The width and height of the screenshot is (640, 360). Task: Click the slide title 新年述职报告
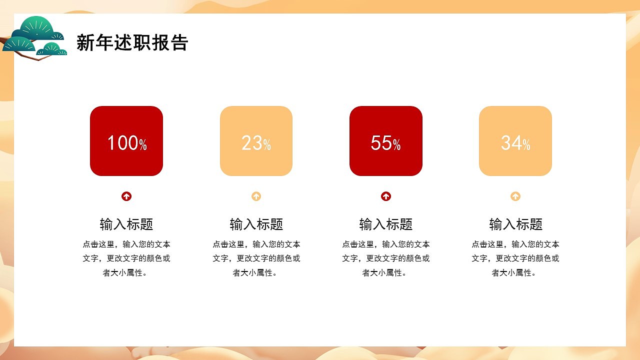click(132, 43)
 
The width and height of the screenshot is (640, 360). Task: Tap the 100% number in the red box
click(126, 143)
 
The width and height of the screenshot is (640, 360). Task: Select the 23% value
click(256, 143)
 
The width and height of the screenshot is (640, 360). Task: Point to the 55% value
click(385, 143)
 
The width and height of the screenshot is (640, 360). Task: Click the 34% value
click(515, 143)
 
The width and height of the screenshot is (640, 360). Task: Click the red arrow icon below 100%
click(126, 196)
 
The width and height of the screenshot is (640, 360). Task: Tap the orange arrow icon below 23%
click(256, 196)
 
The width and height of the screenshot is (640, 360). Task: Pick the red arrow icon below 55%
click(386, 196)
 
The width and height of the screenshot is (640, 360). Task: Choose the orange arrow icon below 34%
click(515, 196)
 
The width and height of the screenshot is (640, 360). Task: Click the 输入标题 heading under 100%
click(126, 224)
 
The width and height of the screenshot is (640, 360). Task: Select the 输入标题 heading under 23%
click(256, 224)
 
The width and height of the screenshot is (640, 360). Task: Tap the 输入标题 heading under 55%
click(386, 224)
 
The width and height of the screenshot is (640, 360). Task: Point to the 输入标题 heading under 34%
click(515, 224)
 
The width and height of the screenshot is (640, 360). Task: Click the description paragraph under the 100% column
click(126, 258)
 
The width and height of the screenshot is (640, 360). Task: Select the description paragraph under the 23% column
click(256, 258)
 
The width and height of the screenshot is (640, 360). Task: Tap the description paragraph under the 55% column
click(386, 258)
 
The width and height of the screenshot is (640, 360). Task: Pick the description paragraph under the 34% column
click(515, 258)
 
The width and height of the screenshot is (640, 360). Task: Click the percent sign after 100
click(143, 145)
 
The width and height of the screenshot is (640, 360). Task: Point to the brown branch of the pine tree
click(42, 58)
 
